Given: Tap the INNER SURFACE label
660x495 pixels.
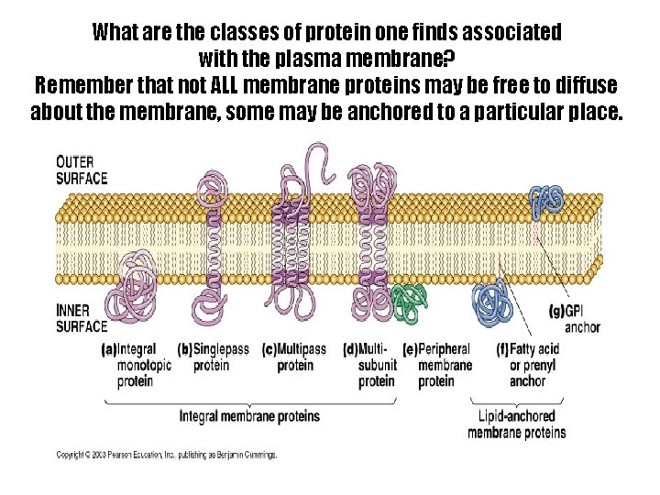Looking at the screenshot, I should (82, 318).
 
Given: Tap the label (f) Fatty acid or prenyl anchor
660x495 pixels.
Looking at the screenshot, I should (525, 365).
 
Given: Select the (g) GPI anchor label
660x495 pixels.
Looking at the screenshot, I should (576, 319).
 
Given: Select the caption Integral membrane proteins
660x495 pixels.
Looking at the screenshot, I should (249, 416).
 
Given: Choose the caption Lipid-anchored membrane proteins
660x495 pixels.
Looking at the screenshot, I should (519, 424).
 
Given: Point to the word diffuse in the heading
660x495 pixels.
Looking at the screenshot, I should (581, 86).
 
